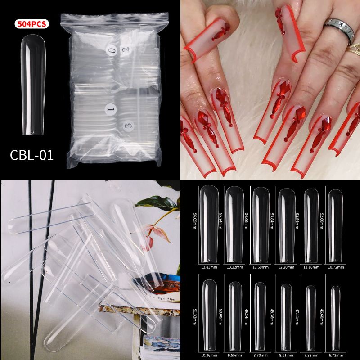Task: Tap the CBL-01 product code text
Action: click(x=31, y=155)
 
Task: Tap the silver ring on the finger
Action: click(x=340, y=30)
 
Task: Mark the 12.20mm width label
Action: click(x=284, y=267)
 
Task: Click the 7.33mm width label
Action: click(x=310, y=355)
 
